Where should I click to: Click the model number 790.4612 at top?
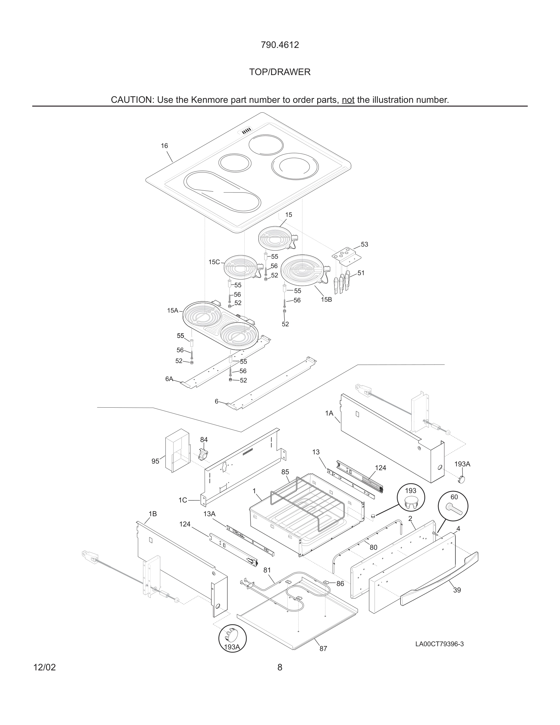point(280,45)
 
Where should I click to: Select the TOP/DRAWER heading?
point(280,72)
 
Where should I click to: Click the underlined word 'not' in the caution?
point(348,100)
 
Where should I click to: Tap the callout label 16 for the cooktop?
point(164,146)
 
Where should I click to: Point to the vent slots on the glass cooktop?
point(246,132)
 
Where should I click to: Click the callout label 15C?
point(214,262)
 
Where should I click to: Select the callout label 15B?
point(326,299)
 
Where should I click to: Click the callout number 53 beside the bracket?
point(364,244)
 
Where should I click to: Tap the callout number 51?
point(361,273)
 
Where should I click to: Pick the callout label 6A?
point(169,379)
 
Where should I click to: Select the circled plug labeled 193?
point(411,498)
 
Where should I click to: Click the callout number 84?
point(204,439)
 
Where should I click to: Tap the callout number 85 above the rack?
point(285,472)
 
